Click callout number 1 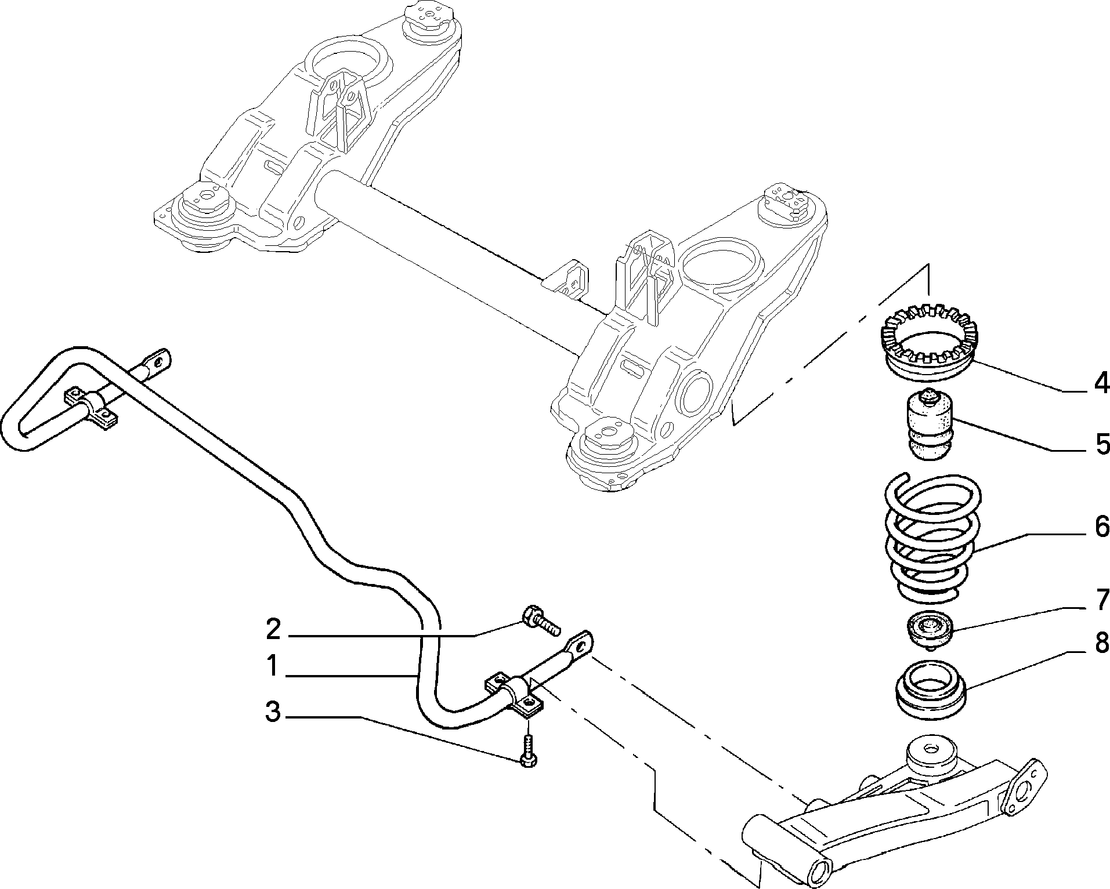pos(274,666)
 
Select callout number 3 pos(273,712)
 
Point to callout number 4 pos(1100,383)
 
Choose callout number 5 pos(1100,444)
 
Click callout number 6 pos(1100,527)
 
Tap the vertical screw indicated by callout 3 pos(527,750)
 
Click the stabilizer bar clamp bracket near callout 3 pos(514,695)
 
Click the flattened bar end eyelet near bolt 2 pos(580,644)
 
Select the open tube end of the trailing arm pos(820,872)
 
